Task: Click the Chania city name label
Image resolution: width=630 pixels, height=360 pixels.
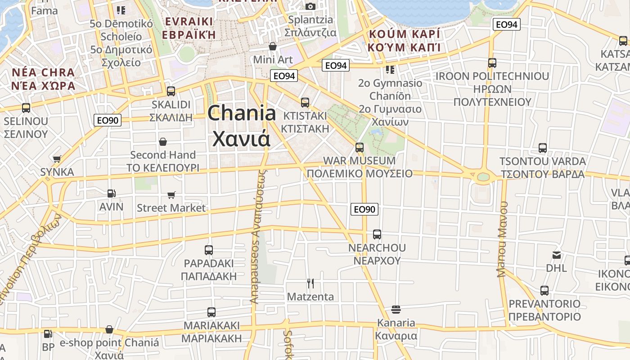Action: click(x=242, y=125)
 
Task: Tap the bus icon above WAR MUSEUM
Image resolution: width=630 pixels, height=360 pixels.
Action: click(x=359, y=147)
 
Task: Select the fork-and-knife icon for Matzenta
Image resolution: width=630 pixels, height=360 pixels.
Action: click(x=310, y=283)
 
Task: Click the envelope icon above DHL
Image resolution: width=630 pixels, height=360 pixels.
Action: click(x=557, y=255)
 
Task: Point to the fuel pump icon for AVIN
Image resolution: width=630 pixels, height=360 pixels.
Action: click(x=111, y=193)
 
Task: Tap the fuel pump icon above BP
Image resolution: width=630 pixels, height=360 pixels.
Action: click(x=48, y=334)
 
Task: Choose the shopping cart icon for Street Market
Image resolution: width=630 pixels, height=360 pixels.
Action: click(x=171, y=195)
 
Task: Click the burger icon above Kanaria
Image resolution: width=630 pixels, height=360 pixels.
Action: click(x=396, y=309)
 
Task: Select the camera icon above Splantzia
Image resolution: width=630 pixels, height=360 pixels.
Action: click(x=310, y=6)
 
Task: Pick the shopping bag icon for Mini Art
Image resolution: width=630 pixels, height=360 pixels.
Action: click(x=272, y=46)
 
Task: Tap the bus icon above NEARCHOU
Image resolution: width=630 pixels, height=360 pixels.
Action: click(x=377, y=234)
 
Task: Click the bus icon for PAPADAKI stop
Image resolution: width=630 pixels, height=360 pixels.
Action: click(x=209, y=250)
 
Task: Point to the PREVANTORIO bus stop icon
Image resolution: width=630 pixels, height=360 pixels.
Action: click(x=544, y=291)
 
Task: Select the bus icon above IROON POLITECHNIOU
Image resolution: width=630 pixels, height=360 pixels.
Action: click(x=492, y=63)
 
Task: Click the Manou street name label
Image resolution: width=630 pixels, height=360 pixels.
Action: click(x=502, y=239)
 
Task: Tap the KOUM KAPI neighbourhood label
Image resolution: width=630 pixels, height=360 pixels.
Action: click(x=404, y=40)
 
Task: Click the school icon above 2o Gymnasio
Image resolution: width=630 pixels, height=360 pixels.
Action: click(x=390, y=70)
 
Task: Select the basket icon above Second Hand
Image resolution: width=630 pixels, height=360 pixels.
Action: click(x=163, y=142)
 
